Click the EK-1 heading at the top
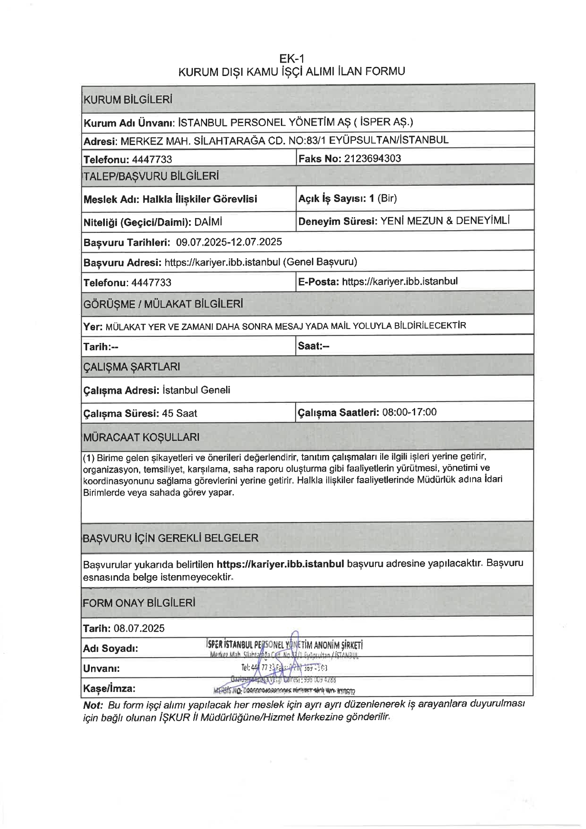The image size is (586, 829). pyautogui.click(x=292, y=58)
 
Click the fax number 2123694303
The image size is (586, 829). pyautogui.click(x=373, y=158)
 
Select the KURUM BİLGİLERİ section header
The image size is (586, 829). pyautogui.click(x=128, y=100)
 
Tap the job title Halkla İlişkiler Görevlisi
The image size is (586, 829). pyautogui.click(x=200, y=199)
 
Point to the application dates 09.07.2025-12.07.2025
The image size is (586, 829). pyautogui.click(x=229, y=242)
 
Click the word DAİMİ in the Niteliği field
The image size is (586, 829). pyautogui.click(x=208, y=222)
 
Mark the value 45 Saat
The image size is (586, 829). pyautogui.click(x=180, y=413)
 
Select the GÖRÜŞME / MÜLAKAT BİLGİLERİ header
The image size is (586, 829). pyautogui.click(x=163, y=304)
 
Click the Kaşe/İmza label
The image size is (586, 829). pyautogui.click(x=109, y=688)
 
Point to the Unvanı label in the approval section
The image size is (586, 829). pyautogui.click(x=101, y=668)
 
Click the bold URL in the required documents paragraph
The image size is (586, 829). pyautogui.click(x=280, y=564)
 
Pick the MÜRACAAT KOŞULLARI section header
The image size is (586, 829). pyautogui.click(x=142, y=437)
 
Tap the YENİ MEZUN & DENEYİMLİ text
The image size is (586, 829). pyautogui.click(x=445, y=221)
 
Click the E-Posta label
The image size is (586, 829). pyautogui.click(x=318, y=282)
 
